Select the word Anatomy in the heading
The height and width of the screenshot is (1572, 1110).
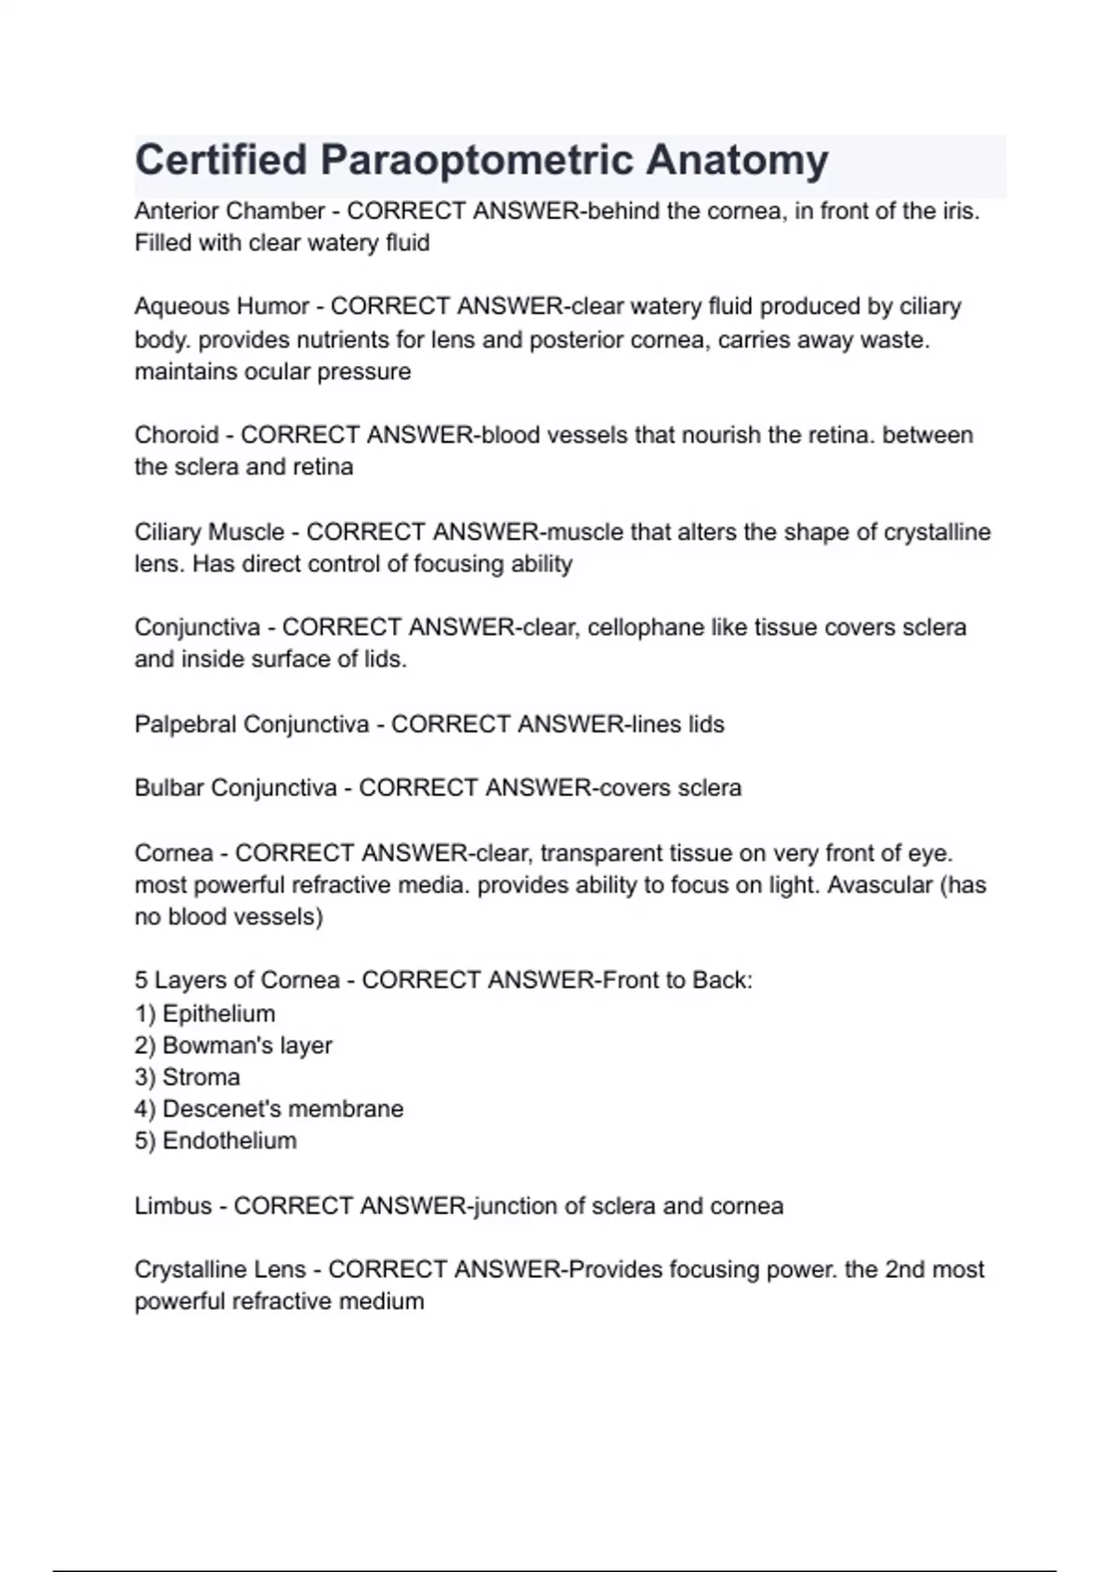[736, 160]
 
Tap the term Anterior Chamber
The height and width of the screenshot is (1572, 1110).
[229, 211]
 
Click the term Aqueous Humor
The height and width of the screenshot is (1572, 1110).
[222, 306]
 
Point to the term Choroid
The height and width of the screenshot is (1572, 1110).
[177, 435]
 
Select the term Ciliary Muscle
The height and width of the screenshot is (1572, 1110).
[209, 532]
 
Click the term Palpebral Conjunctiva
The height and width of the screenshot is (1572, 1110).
[252, 724]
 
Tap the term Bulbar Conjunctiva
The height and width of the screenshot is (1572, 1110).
[235, 788]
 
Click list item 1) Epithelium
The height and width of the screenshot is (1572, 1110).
[205, 1013]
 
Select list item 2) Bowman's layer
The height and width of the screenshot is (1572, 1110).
[233, 1045]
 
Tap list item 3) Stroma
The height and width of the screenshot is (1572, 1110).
[188, 1077]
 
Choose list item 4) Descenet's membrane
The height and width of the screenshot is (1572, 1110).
[269, 1109]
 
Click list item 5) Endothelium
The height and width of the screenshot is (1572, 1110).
[216, 1140]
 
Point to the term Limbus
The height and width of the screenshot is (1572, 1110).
[173, 1206]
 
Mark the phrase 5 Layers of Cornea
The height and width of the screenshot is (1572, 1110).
[237, 980]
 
